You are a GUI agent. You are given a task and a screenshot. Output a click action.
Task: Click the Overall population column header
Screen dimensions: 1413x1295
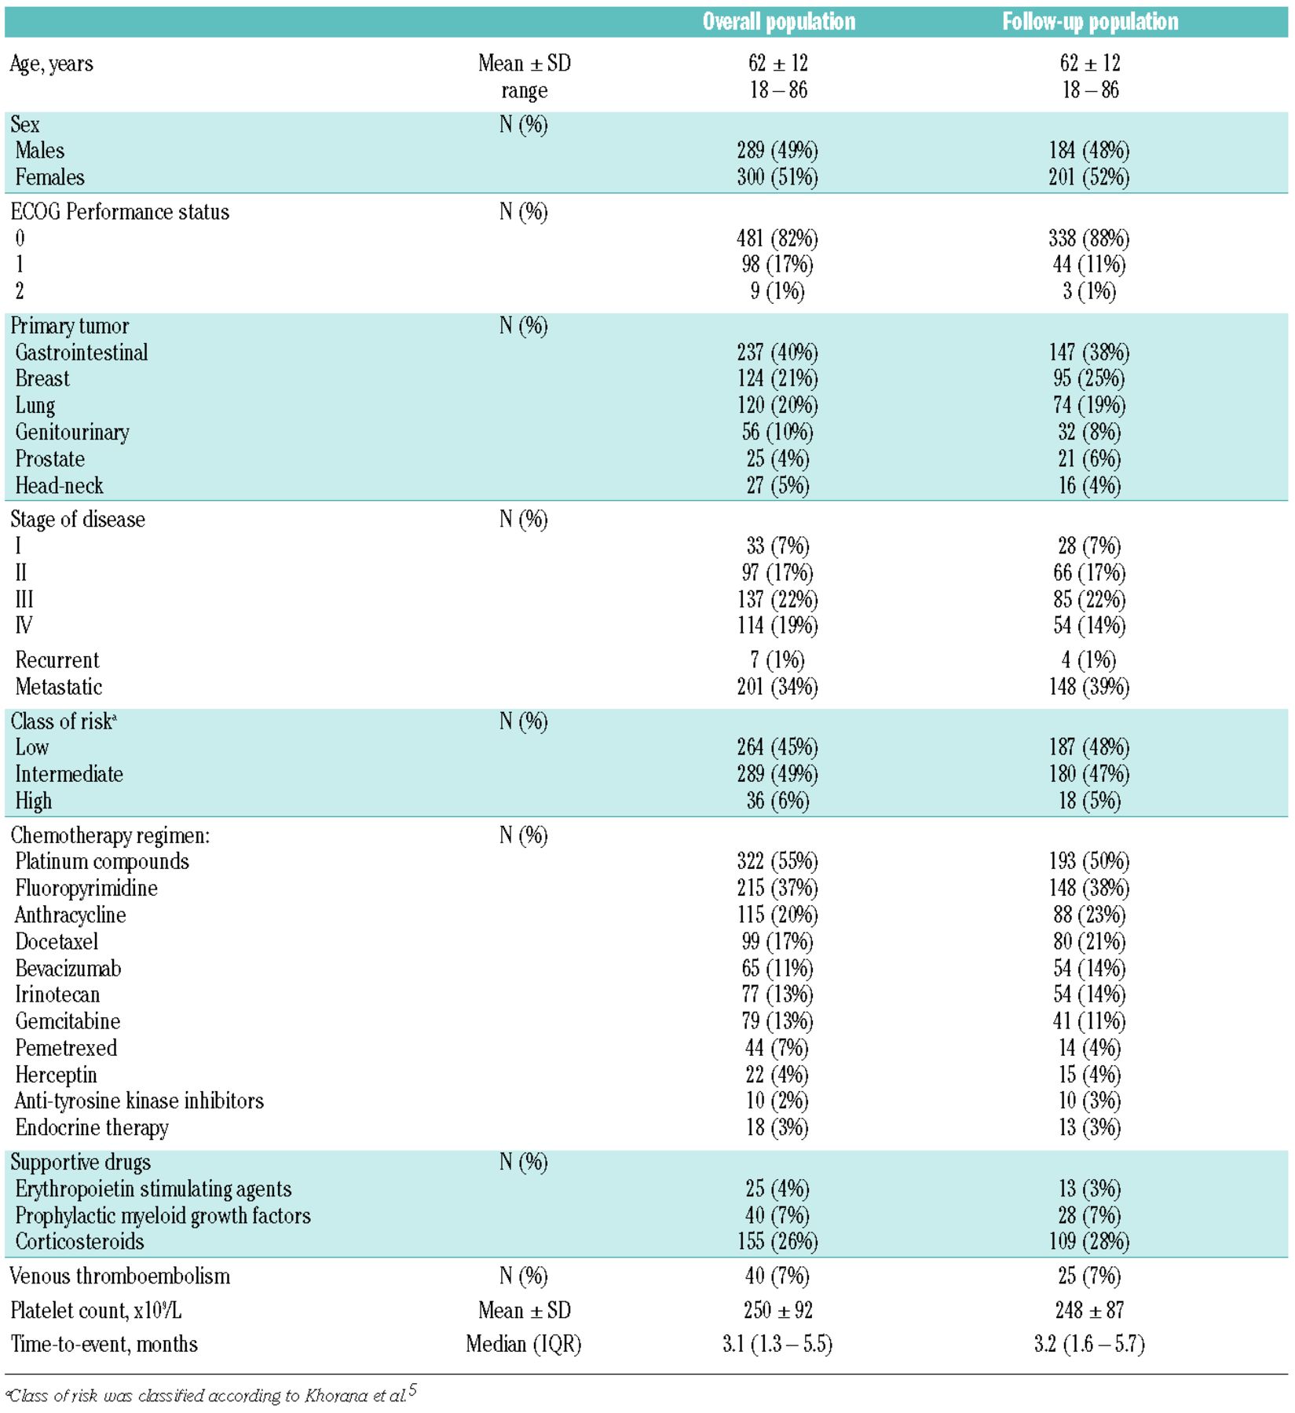tap(778, 21)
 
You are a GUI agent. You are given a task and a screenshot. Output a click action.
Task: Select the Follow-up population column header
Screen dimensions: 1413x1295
tap(1090, 21)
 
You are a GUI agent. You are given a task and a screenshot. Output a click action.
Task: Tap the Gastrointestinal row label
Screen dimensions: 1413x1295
tap(81, 352)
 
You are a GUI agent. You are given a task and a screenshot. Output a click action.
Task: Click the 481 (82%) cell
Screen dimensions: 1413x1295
tap(777, 238)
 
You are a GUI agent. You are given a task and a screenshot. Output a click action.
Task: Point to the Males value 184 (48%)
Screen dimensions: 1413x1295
tap(1089, 150)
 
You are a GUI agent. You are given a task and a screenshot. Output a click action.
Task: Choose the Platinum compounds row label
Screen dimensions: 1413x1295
tap(102, 861)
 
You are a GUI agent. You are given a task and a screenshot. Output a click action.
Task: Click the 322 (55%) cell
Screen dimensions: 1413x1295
tap(777, 861)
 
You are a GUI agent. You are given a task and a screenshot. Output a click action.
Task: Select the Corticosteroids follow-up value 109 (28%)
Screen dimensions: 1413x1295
tap(1089, 1241)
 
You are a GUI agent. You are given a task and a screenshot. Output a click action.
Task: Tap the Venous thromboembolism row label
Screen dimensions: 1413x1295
tap(120, 1276)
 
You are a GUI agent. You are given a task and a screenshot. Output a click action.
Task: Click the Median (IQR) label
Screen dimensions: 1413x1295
tap(524, 1344)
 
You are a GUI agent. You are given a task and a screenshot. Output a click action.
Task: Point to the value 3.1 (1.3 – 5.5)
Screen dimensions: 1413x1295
tap(777, 1344)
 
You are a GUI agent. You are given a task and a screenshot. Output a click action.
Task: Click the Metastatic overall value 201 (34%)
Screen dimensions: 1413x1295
tap(777, 687)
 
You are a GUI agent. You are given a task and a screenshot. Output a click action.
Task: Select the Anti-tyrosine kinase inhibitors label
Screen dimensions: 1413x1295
tap(139, 1101)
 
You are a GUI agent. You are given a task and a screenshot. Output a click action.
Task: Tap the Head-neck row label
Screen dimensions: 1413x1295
tap(59, 486)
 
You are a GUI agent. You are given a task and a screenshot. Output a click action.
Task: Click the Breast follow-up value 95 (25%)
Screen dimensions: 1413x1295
tap(1089, 378)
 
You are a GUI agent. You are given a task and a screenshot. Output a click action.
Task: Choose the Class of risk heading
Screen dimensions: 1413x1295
tap(63, 721)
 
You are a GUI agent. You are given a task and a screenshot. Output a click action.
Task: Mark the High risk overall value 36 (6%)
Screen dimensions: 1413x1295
tap(777, 801)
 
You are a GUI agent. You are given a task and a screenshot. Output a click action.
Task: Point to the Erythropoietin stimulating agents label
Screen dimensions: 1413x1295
tap(153, 1188)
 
